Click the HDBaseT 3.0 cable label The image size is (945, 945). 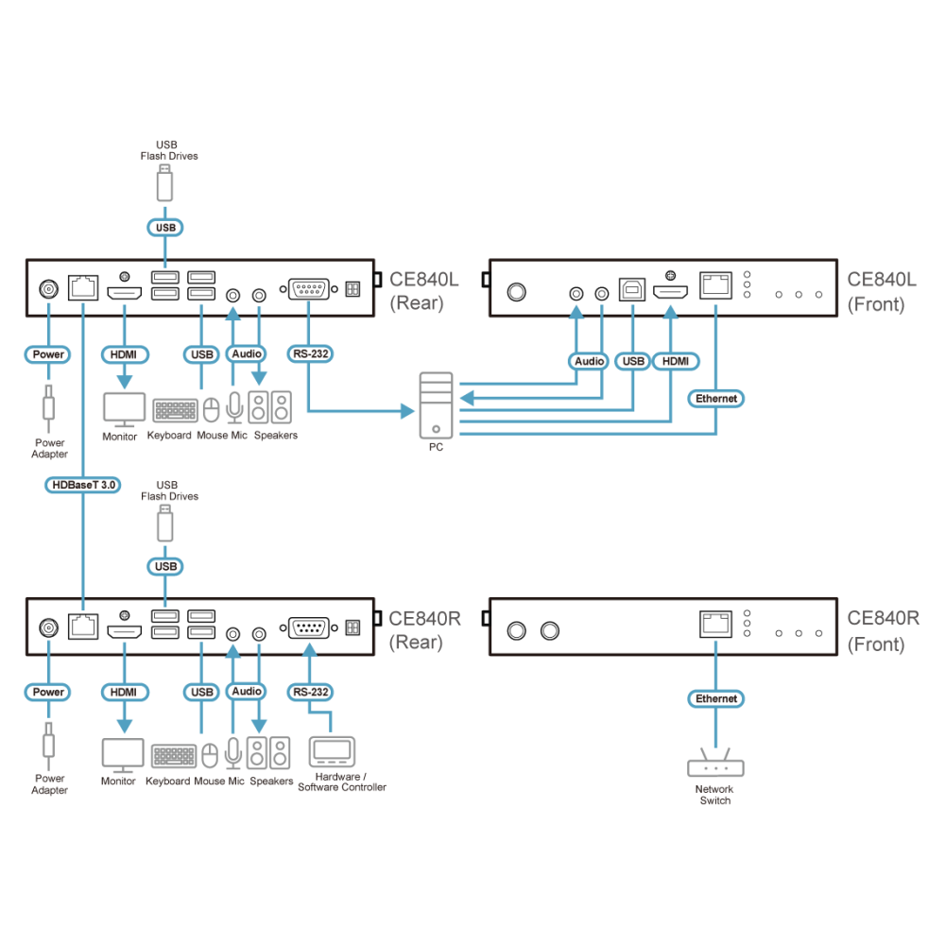(83, 485)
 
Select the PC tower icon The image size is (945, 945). (436, 405)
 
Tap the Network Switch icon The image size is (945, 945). (715, 763)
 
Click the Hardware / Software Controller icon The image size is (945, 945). (332, 751)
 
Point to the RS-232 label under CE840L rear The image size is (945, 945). (310, 353)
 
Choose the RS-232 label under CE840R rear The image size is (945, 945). (310, 692)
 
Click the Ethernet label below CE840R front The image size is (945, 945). (716, 698)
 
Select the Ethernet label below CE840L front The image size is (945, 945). (716, 399)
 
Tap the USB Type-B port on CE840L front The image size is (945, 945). (632, 290)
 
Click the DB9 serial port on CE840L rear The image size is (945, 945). (309, 289)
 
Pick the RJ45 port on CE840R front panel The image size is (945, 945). (716, 624)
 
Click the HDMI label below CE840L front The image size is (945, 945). (676, 361)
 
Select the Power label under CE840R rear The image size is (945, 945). (48, 692)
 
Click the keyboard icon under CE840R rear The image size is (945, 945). (174, 756)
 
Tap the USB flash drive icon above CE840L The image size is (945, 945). (164, 183)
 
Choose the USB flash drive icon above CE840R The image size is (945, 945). (165, 524)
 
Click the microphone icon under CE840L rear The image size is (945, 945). (234, 407)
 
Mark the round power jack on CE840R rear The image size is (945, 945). (49, 628)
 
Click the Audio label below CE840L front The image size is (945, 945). (589, 361)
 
